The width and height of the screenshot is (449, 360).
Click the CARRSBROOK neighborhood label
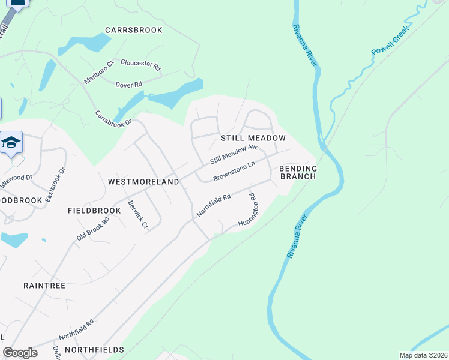(x=133, y=29)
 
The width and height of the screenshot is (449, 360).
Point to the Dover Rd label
(x=128, y=85)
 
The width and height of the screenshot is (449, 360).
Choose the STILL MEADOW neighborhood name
(x=253, y=138)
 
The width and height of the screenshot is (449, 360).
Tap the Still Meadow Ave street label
(x=234, y=154)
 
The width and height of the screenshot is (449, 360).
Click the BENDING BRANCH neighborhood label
(x=298, y=173)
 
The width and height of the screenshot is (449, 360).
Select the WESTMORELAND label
(x=143, y=181)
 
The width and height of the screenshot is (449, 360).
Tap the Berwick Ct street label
(x=137, y=213)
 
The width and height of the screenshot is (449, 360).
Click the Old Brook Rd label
(x=93, y=229)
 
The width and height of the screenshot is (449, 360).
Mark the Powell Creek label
(x=390, y=41)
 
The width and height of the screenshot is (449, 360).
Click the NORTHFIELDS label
(x=94, y=349)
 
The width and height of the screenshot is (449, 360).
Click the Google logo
(x=20, y=352)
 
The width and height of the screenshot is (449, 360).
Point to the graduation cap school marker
(x=11, y=143)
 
